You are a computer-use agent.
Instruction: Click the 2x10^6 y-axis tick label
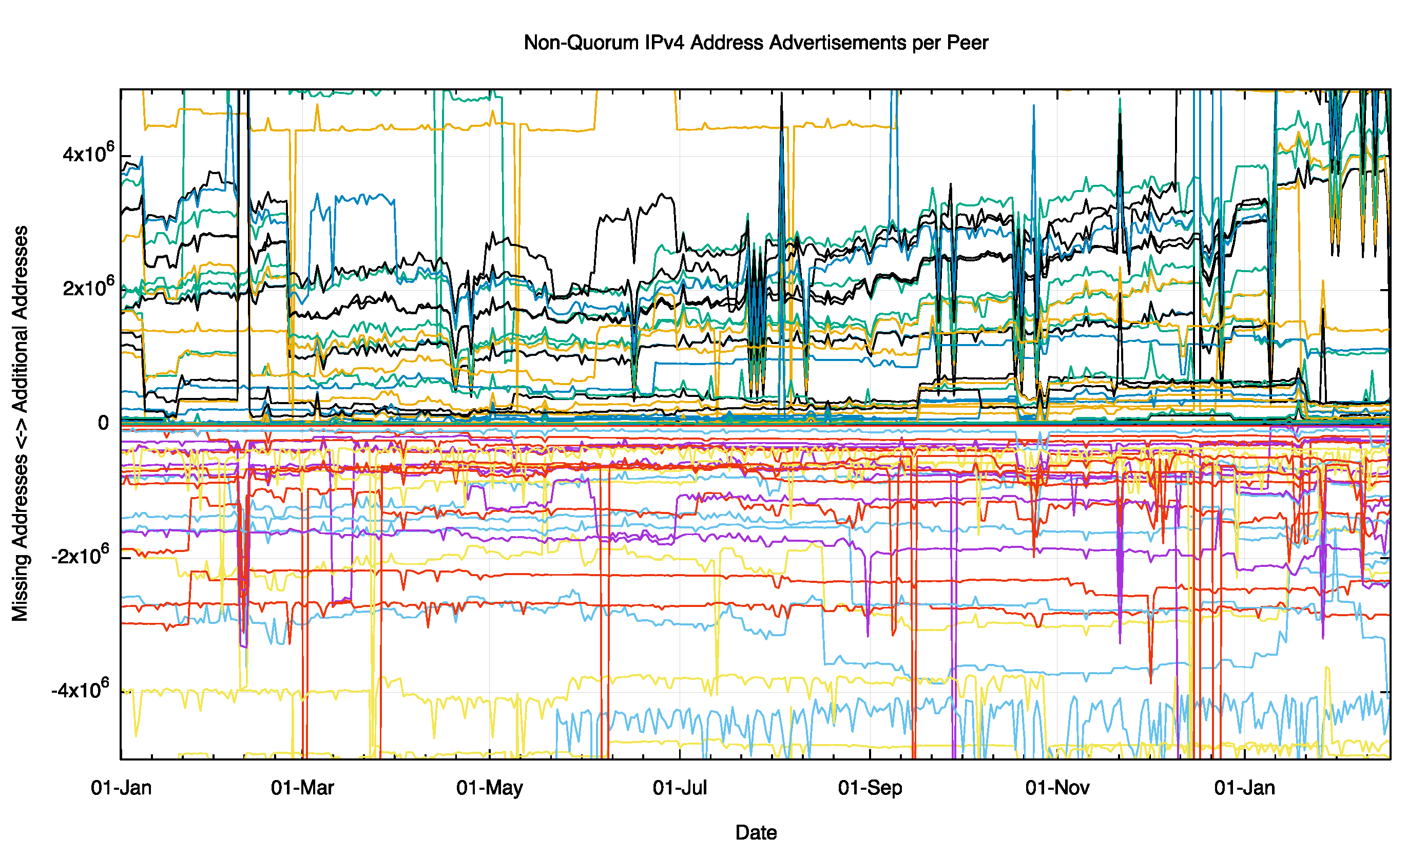point(88,287)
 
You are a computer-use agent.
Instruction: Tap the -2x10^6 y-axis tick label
point(81,556)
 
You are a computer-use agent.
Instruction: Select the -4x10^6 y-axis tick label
point(81,689)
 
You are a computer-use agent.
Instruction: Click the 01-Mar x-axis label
point(302,788)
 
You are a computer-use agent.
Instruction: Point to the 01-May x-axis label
point(489,788)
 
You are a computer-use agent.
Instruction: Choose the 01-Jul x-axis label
point(679,788)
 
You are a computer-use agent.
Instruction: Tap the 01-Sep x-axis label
point(870,788)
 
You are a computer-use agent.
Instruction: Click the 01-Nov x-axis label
point(1057,788)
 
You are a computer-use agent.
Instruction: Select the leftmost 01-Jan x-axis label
point(121,788)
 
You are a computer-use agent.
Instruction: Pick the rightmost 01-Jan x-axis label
point(1244,788)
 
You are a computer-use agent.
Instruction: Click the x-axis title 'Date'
point(756,833)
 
